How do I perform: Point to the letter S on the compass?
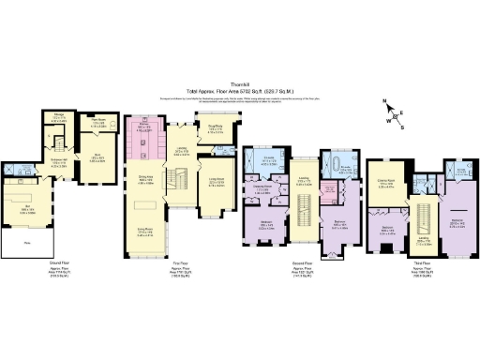[x=402, y=128]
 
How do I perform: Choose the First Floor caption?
[x=177, y=272]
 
